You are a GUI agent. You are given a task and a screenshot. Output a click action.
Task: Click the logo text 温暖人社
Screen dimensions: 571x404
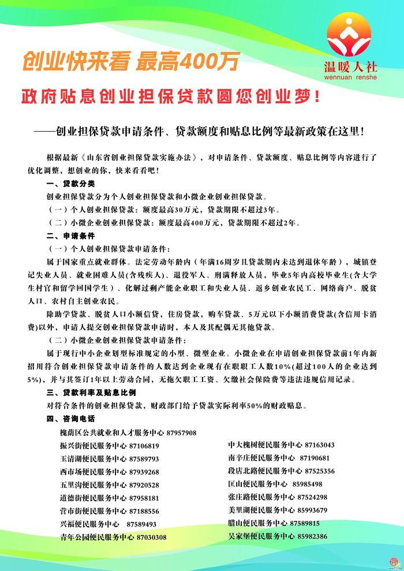point(350,66)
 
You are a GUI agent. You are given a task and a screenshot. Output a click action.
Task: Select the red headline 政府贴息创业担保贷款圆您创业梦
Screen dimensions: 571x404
point(170,95)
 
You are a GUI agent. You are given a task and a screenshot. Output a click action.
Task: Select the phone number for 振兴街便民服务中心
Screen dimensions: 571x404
point(144,446)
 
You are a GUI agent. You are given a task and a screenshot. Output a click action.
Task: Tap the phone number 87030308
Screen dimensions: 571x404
point(152,537)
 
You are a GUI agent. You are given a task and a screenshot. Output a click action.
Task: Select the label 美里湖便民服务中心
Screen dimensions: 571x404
point(261,510)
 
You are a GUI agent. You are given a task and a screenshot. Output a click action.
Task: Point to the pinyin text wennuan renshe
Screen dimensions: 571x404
point(350,76)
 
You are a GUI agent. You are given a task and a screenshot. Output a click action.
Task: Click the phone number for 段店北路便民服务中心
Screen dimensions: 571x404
point(320,471)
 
